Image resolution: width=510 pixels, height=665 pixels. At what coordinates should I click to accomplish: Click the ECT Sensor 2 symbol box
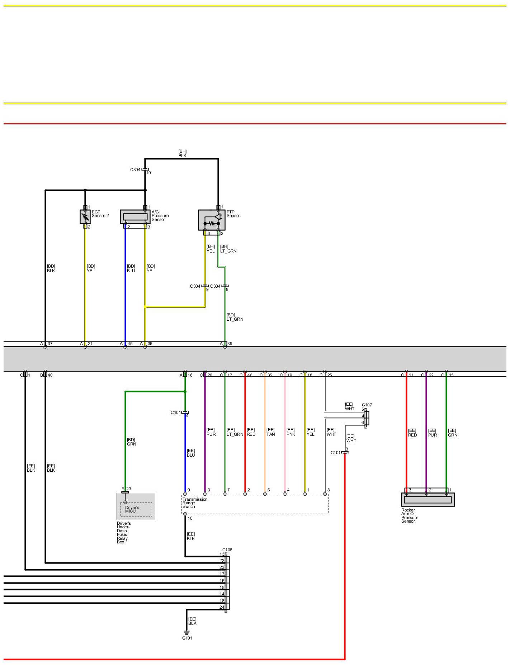pyautogui.click(x=85, y=217)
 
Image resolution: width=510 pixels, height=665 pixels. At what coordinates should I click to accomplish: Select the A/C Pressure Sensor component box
pyautogui.click(x=135, y=217)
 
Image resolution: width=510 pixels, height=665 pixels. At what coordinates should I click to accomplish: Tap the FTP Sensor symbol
pyautogui.click(x=212, y=220)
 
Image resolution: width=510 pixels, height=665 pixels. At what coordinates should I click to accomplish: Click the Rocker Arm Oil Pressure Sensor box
pyautogui.click(x=428, y=499)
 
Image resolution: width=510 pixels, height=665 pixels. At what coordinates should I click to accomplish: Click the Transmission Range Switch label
pyautogui.click(x=195, y=503)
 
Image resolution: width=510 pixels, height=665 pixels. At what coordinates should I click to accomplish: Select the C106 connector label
pyautogui.click(x=227, y=550)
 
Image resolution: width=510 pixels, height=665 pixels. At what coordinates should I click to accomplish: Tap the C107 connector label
pyautogui.click(x=367, y=405)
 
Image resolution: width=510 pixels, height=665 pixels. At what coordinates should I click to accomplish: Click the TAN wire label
pyautogui.click(x=270, y=432)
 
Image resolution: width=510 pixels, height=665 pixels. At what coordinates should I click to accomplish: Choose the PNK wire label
pyautogui.click(x=291, y=432)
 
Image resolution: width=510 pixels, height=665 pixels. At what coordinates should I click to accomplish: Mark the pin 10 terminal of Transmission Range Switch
pyautogui.click(x=185, y=514)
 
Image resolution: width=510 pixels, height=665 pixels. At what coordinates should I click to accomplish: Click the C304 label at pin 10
pyautogui.click(x=135, y=170)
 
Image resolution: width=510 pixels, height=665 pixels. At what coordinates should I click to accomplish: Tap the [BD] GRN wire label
pyautogui.click(x=131, y=442)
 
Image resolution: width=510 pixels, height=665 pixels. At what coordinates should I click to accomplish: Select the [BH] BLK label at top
pyautogui.click(x=183, y=154)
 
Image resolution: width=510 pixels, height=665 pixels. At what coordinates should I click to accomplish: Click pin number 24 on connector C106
pyautogui.click(x=222, y=607)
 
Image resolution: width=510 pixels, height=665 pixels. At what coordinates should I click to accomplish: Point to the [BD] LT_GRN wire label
pyautogui.click(x=235, y=317)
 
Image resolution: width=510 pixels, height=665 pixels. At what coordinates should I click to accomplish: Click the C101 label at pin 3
pyautogui.click(x=335, y=453)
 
